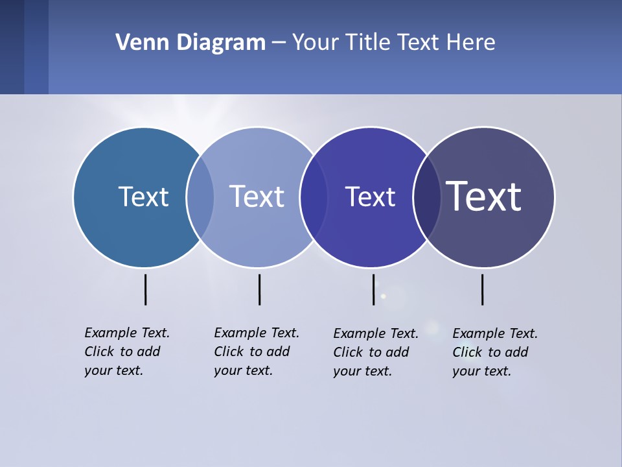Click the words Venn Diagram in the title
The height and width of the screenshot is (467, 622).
coord(190,43)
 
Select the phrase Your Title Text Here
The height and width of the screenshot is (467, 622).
coord(393,43)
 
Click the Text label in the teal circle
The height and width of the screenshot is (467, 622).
coord(143,197)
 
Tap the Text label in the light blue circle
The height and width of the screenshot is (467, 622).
coord(257,197)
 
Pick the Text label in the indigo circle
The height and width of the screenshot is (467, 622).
coord(370,197)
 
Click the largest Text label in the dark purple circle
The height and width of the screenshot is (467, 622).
coord(484,196)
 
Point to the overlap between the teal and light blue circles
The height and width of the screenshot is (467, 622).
coord(200,197)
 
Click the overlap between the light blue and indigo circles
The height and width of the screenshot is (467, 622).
coord(314,197)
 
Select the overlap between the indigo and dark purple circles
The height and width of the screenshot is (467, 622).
coord(427,197)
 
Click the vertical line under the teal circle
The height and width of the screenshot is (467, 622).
coord(145,289)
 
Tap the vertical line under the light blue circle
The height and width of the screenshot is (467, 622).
coord(259,289)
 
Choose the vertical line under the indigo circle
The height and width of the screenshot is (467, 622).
coord(373,289)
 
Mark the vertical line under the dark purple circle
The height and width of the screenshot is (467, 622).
coord(482,289)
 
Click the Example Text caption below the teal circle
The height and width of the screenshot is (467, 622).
coord(126,352)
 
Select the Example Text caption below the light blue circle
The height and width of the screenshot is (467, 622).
coord(256,352)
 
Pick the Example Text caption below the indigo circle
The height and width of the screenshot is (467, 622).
coord(375,352)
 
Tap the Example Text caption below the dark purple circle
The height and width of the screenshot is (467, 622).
coord(494,352)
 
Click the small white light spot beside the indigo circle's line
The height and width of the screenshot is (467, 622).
coord(383,296)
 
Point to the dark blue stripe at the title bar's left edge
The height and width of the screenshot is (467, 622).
coord(12,47)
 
